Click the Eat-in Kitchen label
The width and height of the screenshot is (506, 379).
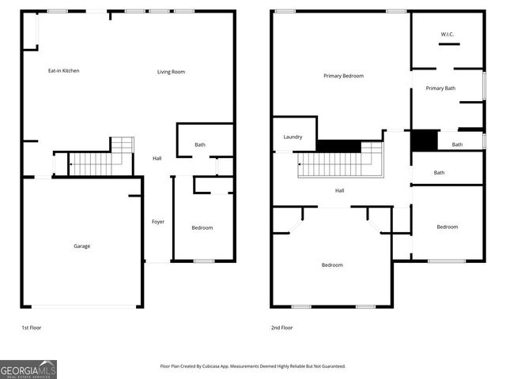[63, 71]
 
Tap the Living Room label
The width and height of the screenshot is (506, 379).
[171, 72]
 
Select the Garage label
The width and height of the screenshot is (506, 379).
[81, 246]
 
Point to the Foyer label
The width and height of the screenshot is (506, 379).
[158, 222]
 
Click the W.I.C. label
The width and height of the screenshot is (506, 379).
[447, 34]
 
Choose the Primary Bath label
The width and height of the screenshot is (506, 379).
[440, 88]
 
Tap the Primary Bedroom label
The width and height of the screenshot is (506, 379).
[343, 76]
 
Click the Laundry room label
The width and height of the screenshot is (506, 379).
[293, 137]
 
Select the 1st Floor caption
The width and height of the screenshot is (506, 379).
[32, 327]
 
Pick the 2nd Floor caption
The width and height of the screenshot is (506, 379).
[281, 327]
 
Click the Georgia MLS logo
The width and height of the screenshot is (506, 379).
[28, 369]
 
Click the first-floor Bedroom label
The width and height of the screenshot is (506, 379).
[202, 228]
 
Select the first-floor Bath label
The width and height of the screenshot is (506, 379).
[200, 144]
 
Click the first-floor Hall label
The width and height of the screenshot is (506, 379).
[157, 159]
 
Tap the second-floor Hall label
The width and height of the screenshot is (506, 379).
[339, 190]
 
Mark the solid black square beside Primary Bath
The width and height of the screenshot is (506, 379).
[424, 141]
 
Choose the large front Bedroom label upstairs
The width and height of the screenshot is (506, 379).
[332, 265]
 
